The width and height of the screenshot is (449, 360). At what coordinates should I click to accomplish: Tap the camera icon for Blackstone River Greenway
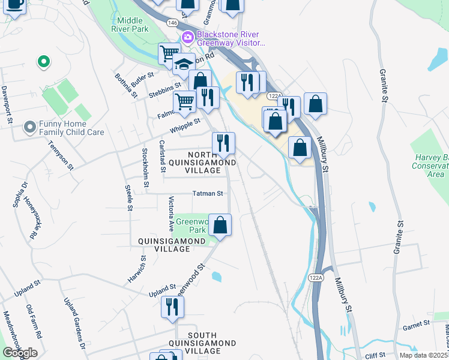point(188,38)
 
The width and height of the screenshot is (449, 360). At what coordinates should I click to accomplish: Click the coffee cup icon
point(15,5)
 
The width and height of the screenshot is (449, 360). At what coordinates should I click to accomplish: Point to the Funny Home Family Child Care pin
point(29,128)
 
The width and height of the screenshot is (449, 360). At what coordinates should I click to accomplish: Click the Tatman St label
point(208,194)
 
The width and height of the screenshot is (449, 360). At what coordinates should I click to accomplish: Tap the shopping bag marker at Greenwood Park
point(220,226)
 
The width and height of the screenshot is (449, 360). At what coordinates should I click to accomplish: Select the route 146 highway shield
point(172,23)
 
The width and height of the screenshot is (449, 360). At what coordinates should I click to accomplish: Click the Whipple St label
point(184,126)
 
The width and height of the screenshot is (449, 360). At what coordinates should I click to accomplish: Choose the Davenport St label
point(8,104)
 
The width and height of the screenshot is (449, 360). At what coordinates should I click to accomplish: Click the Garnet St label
point(417,323)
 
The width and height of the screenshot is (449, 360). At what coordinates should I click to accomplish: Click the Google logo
point(20,353)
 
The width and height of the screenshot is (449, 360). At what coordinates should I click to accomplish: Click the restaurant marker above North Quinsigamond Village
point(223,143)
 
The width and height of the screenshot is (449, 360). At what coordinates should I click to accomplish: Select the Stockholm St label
point(144,160)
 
